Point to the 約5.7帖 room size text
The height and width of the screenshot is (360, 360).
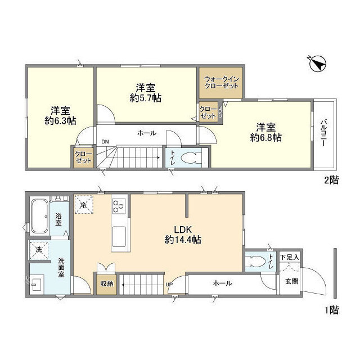146,98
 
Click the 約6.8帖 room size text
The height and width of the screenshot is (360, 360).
266,137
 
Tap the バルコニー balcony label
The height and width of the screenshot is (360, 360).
324,133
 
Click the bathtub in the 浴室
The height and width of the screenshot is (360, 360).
39,215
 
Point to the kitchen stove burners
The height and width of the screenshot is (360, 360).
119,206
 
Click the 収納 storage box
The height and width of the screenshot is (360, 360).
107,283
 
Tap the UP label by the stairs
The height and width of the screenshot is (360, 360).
169,283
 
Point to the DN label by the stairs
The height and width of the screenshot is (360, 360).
105,142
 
